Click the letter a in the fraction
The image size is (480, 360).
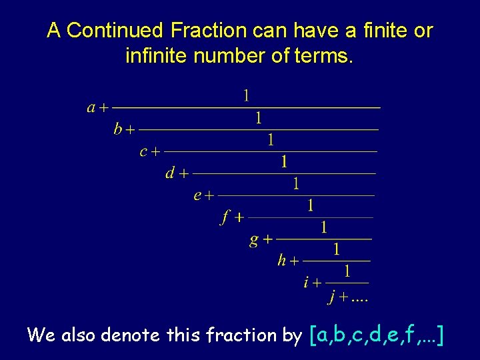pos(91,107)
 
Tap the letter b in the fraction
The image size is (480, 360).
pos(118,129)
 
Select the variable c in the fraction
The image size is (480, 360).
pos(143,152)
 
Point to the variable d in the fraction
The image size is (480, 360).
pos(170,173)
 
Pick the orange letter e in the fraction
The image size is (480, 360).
pos(197,195)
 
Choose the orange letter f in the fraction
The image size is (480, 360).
pos(225,217)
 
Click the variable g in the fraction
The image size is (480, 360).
pos(254,239)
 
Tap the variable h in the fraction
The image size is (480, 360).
pos(282,261)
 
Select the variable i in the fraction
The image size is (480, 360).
pos(306,283)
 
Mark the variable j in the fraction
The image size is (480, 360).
pos(332,297)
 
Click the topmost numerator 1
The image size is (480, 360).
pos(246,96)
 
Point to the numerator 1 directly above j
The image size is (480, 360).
pos(347,271)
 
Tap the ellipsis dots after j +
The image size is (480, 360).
pos(360,299)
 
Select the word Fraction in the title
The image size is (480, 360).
pos(209,31)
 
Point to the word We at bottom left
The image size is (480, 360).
pos(42,335)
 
